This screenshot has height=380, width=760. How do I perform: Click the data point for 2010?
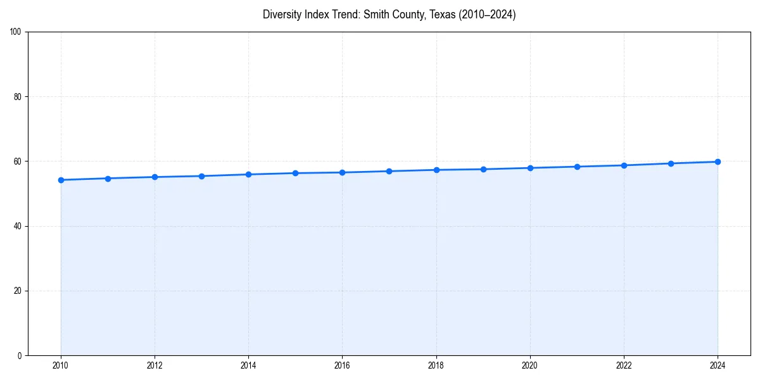pyautogui.click(x=61, y=180)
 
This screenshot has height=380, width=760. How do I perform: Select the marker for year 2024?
pyautogui.click(x=718, y=161)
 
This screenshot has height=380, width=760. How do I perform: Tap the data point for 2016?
pyautogui.click(x=342, y=172)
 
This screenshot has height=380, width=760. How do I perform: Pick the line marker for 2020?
pyautogui.click(x=530, y=168)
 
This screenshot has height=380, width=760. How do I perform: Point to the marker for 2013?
pyautogui.click(x=201, y=176)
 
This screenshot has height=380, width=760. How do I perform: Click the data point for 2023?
pyautogui.click(x=671, y=163)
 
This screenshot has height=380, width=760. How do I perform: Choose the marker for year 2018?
pyautogui.click(x=436, y=170)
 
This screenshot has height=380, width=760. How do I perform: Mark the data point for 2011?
pyautogui.click(x=108, y=179)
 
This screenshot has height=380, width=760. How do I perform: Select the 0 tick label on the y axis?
pyautogui.click(x=20, y=355)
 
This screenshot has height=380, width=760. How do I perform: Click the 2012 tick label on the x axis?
pyautogui.click(x=155, y=365)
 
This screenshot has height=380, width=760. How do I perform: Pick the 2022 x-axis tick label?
pyautogui.click(x=624, y=365)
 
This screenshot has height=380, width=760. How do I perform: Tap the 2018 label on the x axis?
pyautogui.click(x=436, y=365)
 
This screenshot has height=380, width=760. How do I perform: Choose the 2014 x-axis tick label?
pyautogui.click(x=248, y=365)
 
